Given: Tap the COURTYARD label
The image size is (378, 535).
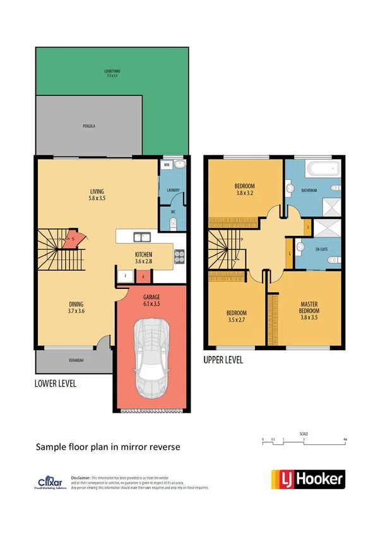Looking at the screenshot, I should (x=112, y=73).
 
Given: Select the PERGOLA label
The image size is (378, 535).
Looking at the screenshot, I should (x=88, y=126).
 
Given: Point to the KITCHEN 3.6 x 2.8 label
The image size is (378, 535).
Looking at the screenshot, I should (x=144, y=257).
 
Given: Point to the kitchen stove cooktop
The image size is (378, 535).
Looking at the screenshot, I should (x=179, y=256).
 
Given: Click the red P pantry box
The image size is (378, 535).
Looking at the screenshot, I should (x=143, y=276).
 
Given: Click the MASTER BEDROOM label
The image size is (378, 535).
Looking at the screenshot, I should (x=309, y=307).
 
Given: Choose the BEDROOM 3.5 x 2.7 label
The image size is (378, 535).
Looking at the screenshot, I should (x=237, y=316).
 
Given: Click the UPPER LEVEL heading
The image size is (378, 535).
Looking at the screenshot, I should (x=223, y=361).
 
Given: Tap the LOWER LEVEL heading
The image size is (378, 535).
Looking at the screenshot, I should (x=56, y=383).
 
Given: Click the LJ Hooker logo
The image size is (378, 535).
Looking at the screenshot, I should (x=308, y=479).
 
